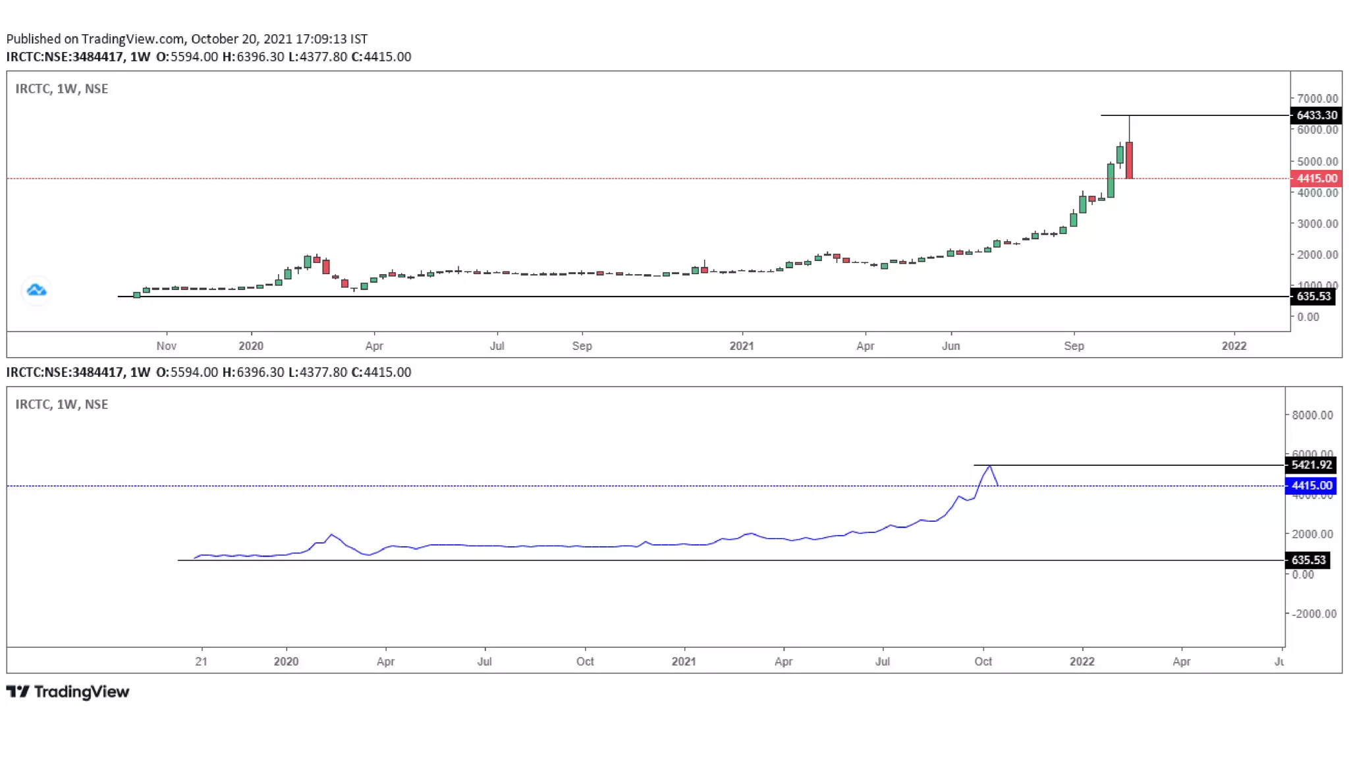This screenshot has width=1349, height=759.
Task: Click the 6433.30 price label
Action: coord(1316,115)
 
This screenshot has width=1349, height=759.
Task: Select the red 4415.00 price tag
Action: coord(1316,179)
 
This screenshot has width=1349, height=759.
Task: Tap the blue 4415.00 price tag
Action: coord(1311,486)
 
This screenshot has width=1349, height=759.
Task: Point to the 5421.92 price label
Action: coord(1311,465)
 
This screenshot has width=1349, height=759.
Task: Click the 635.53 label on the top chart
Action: coord(1313,296)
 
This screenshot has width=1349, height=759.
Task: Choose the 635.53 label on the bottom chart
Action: coord(1308,560)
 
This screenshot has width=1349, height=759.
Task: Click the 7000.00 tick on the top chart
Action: coord(1317,99)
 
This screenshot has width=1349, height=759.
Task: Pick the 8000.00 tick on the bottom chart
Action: coord(1312,415)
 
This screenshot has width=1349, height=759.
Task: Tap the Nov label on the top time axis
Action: coord(167,346)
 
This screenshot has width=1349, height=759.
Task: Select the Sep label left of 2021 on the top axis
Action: coord(582,346)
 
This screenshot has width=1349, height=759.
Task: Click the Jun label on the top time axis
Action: coord(950,346)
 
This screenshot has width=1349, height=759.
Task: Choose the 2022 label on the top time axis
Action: coord(1234,346)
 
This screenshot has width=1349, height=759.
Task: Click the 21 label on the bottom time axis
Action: coord(201,661)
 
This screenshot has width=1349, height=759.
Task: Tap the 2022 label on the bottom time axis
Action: coord(1082,661)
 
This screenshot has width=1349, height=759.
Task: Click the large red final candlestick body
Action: coord(1129,160)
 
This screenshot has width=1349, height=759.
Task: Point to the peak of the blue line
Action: coord(989,466)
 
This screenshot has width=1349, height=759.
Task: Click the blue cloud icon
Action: coord(36,290)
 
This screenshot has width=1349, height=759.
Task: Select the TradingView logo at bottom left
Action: coord(68,692)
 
